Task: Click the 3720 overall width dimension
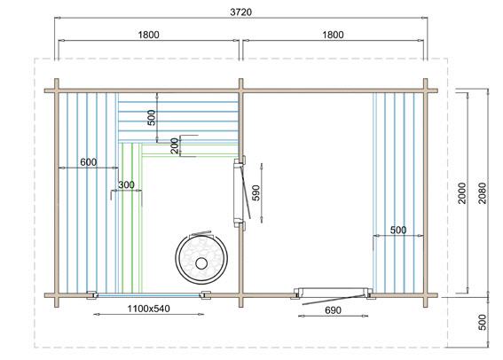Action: click(x=241, y=12)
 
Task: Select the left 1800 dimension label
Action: click(x=148, y=35)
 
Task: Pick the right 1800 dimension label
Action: click(x=333, y=35)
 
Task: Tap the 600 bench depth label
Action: click(x=88, y=162)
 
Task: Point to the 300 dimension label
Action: click(x=126, y=184)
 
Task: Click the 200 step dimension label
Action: click(x=175, y=145)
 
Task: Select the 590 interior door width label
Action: click(x=256, y=192)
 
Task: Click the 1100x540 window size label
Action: click(x=148, y=309)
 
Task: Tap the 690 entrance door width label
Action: click(x=333, y=310)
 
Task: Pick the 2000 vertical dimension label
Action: click(x=462, y=193)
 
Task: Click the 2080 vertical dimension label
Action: click(x=482, y=193)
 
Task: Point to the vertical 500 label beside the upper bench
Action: click(x=152, y=118)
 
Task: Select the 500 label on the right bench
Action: click(x=398, y=230)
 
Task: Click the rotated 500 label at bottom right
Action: click(x=482, y=322)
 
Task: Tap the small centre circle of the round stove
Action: click(x=201, y=263)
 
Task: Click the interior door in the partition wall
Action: click(x=240, y=192)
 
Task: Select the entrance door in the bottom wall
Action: click(x=333, y=295)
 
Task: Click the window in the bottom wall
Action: click(x=148, y=295)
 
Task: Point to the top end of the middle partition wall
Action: click(x=241, y=79)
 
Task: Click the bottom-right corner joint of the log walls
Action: click(x=425, y=295)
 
